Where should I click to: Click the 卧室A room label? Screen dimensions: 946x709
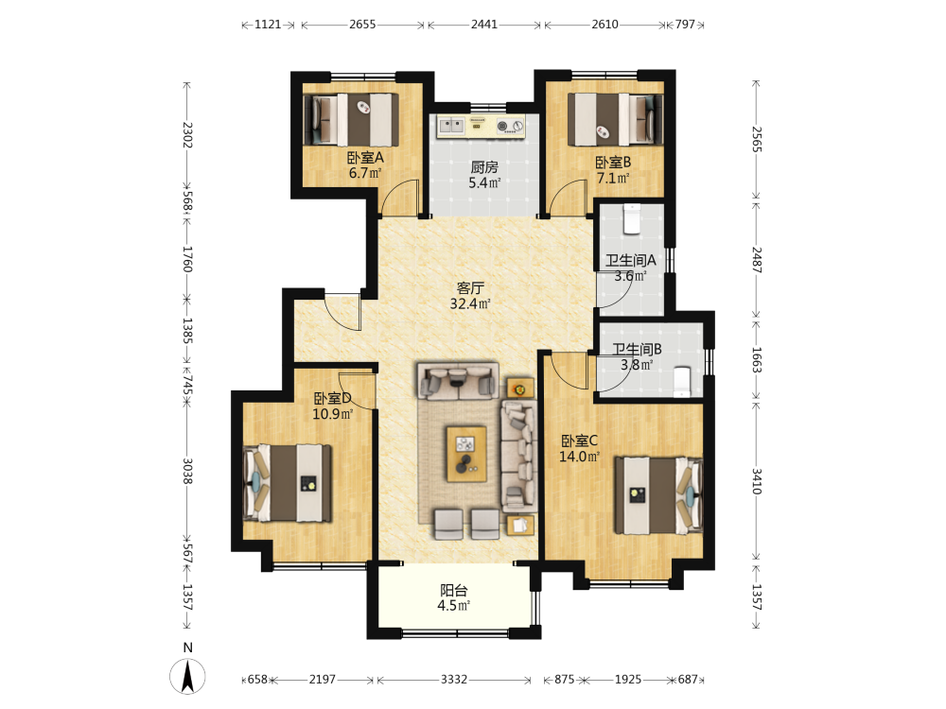tap(365, 158)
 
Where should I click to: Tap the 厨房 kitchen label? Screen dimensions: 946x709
tap(484, 167)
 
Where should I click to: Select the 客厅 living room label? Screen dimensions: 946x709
tap(470, 288)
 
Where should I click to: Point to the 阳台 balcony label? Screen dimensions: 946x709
tap(454, 590)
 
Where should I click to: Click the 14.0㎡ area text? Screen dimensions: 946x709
tap(579, 457)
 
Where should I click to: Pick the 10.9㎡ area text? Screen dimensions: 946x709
tap(332, 414)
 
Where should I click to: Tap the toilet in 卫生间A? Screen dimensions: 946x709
tap(632, 219)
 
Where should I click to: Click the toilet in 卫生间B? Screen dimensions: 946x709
tap(682, 382)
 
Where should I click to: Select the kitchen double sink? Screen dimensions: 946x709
tap(451, 126)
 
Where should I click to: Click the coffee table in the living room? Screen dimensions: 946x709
tap(466, 454)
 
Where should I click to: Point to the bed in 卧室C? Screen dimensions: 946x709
tap(658, 495)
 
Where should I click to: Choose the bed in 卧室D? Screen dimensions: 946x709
tap(288, 483)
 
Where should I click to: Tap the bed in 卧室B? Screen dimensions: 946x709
tap(616, 119)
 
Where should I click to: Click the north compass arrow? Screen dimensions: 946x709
tap(187, 676)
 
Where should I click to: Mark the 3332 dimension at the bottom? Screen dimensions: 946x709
tap(454, 680)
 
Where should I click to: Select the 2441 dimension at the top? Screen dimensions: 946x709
tap(483, 25)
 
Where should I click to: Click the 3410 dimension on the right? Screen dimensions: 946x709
tap(757, 481)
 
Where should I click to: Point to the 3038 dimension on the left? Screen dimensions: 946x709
tap(187, 471)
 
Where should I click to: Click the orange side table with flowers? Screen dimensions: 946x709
tap(520, 389)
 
